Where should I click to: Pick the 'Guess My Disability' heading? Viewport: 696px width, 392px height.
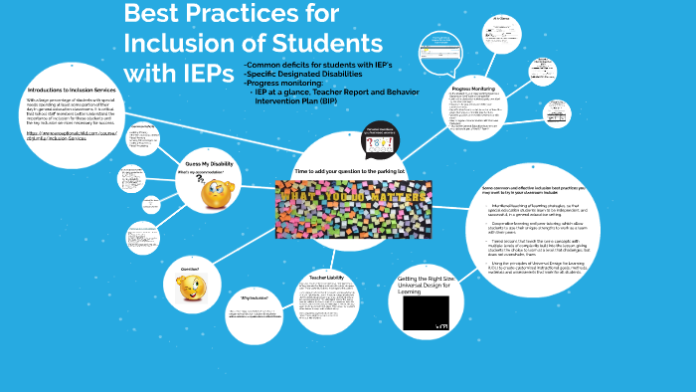click(x=209, y=164)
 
